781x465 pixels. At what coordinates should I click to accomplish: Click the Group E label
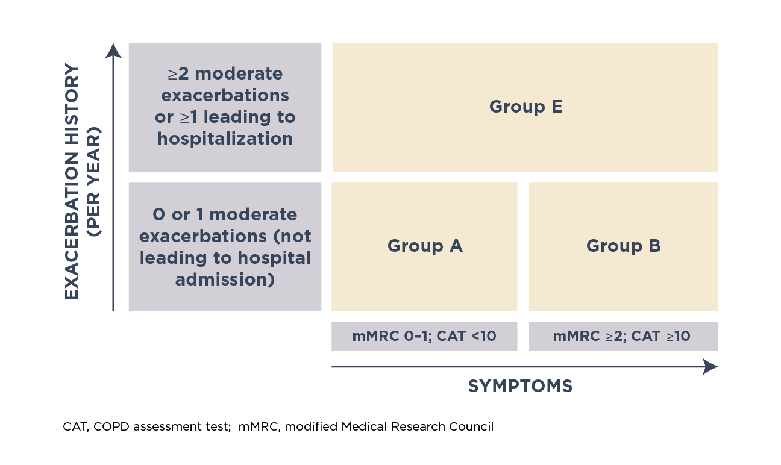525,107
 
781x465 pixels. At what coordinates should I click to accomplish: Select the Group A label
425,246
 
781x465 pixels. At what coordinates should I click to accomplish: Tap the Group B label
623,246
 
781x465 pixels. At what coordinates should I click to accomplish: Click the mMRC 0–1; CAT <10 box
424,336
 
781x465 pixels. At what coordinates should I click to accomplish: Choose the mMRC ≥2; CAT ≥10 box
623,336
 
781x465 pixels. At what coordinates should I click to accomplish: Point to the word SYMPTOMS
520,386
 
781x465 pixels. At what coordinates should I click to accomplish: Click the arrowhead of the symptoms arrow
710,367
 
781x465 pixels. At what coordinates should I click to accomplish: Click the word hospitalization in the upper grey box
225,139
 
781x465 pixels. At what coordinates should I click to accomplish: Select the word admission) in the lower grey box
225,279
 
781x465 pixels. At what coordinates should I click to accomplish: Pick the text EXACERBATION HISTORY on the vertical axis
72,181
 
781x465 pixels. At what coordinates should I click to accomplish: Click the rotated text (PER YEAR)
93,182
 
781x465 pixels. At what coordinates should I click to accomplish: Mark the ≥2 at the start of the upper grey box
178,74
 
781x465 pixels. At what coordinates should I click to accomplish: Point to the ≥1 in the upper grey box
189,117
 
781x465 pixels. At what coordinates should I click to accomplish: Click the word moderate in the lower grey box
253,214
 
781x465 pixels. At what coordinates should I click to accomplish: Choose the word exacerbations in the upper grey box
225,96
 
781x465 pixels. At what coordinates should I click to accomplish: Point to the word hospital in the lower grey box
274,258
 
